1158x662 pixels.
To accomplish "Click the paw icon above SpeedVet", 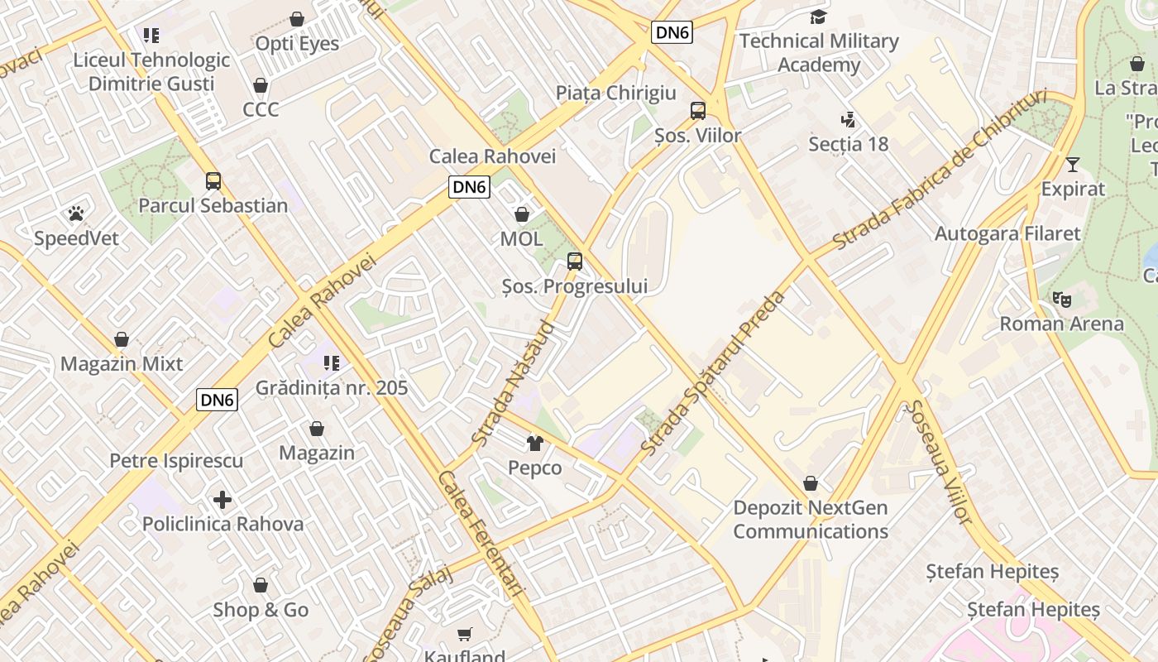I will tap(76, 214).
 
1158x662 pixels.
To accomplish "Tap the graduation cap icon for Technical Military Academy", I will tap(818, 17).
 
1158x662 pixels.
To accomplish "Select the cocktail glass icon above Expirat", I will tap(1073, 164).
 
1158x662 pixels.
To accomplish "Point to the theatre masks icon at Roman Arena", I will tap(1062, 300).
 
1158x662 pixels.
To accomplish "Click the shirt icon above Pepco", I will tap(534, 444).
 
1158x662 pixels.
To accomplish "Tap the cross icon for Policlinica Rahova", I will tap(222, 500).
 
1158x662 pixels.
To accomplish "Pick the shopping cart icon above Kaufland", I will tap(465, 634).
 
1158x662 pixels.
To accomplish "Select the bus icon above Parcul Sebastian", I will tap(213, 181).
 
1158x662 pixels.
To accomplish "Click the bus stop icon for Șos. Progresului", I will tap(574, 262).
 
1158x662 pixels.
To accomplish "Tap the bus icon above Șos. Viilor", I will tap(697, 111).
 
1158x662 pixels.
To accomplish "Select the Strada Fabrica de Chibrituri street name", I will tap(940, 169).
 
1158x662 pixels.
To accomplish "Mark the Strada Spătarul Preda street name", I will tap(712, 372).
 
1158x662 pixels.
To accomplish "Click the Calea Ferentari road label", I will tap(481, 533).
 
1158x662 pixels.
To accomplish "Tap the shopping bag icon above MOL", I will tap(522, 215).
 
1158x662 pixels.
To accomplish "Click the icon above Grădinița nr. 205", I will tap(332, 363).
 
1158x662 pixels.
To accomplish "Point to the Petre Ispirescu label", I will tap(176, 460).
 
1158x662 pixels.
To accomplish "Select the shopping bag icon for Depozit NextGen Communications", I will tap(811, 483).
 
